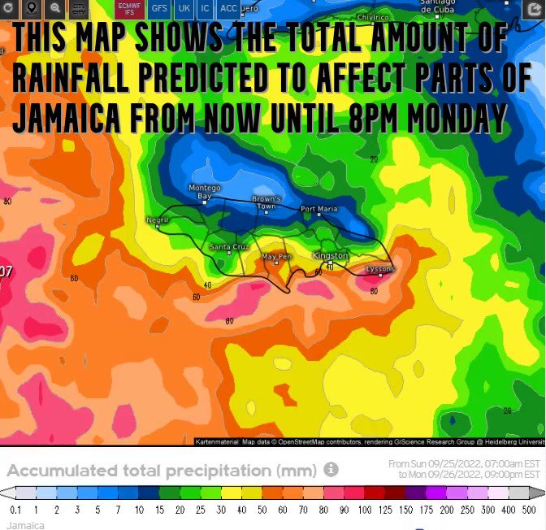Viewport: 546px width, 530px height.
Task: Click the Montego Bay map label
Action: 204,192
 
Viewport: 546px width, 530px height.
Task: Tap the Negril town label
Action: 157,220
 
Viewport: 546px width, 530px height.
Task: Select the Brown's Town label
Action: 266,202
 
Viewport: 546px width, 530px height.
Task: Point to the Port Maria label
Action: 318,209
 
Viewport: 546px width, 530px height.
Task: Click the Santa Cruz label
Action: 228,246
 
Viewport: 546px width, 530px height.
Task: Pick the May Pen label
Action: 276,257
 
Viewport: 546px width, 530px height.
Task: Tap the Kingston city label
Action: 330,255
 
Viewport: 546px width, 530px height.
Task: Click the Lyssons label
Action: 380,268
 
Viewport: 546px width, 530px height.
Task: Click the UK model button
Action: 184,9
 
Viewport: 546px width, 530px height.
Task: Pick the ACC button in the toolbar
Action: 229,9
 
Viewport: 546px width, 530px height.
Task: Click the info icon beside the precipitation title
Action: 331,470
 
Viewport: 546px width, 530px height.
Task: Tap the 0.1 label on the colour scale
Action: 15,510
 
